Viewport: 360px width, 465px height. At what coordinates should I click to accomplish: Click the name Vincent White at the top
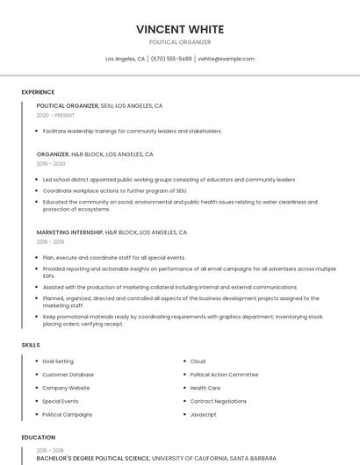point(180,29)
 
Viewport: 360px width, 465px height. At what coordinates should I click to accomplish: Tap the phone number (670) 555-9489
point(170,59)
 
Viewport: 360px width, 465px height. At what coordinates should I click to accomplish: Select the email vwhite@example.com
point(226,59)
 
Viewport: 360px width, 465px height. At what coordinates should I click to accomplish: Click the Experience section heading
point(38,92)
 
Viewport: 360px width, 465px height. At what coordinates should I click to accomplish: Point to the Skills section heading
point(31,345)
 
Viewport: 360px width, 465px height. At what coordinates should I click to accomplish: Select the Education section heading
point(38,437)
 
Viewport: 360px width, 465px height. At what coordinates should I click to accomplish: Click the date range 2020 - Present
point(55,115)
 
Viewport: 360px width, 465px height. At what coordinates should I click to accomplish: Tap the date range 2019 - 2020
point(51,163)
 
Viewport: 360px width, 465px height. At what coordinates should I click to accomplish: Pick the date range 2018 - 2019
point(50,242)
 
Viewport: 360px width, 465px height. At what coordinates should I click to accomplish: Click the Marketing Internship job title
point(69,232)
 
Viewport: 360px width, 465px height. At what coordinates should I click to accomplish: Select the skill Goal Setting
point(58,361)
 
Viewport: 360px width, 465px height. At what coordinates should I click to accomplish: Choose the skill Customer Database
point(68,375)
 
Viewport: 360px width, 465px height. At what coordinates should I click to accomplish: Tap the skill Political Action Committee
point(224,375)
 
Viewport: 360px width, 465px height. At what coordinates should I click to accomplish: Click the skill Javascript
point(204,414)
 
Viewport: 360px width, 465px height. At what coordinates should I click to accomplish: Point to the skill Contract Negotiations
point(218,401)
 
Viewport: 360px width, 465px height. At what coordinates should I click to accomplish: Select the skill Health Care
point(205,388)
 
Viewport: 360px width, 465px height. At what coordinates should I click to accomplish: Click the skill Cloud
point(198,361)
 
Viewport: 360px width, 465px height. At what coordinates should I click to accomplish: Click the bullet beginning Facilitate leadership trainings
point(132,131)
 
